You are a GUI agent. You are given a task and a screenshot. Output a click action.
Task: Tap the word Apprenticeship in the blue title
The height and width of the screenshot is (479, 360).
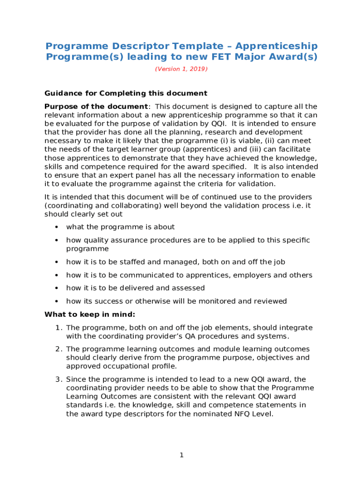coord(276,46)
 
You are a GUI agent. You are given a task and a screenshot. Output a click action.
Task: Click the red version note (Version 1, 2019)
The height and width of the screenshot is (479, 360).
coord(181,69)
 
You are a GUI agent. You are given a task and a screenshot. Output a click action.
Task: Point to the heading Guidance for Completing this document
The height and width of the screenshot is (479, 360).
coord(126,93)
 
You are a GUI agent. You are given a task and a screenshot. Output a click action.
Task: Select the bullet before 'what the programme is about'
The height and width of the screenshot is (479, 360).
coord(56,227)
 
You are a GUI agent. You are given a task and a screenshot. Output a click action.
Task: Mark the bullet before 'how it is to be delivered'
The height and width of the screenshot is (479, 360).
coord(56,288)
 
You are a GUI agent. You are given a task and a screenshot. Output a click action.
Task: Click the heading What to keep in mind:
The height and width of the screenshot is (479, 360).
coord(90,314)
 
